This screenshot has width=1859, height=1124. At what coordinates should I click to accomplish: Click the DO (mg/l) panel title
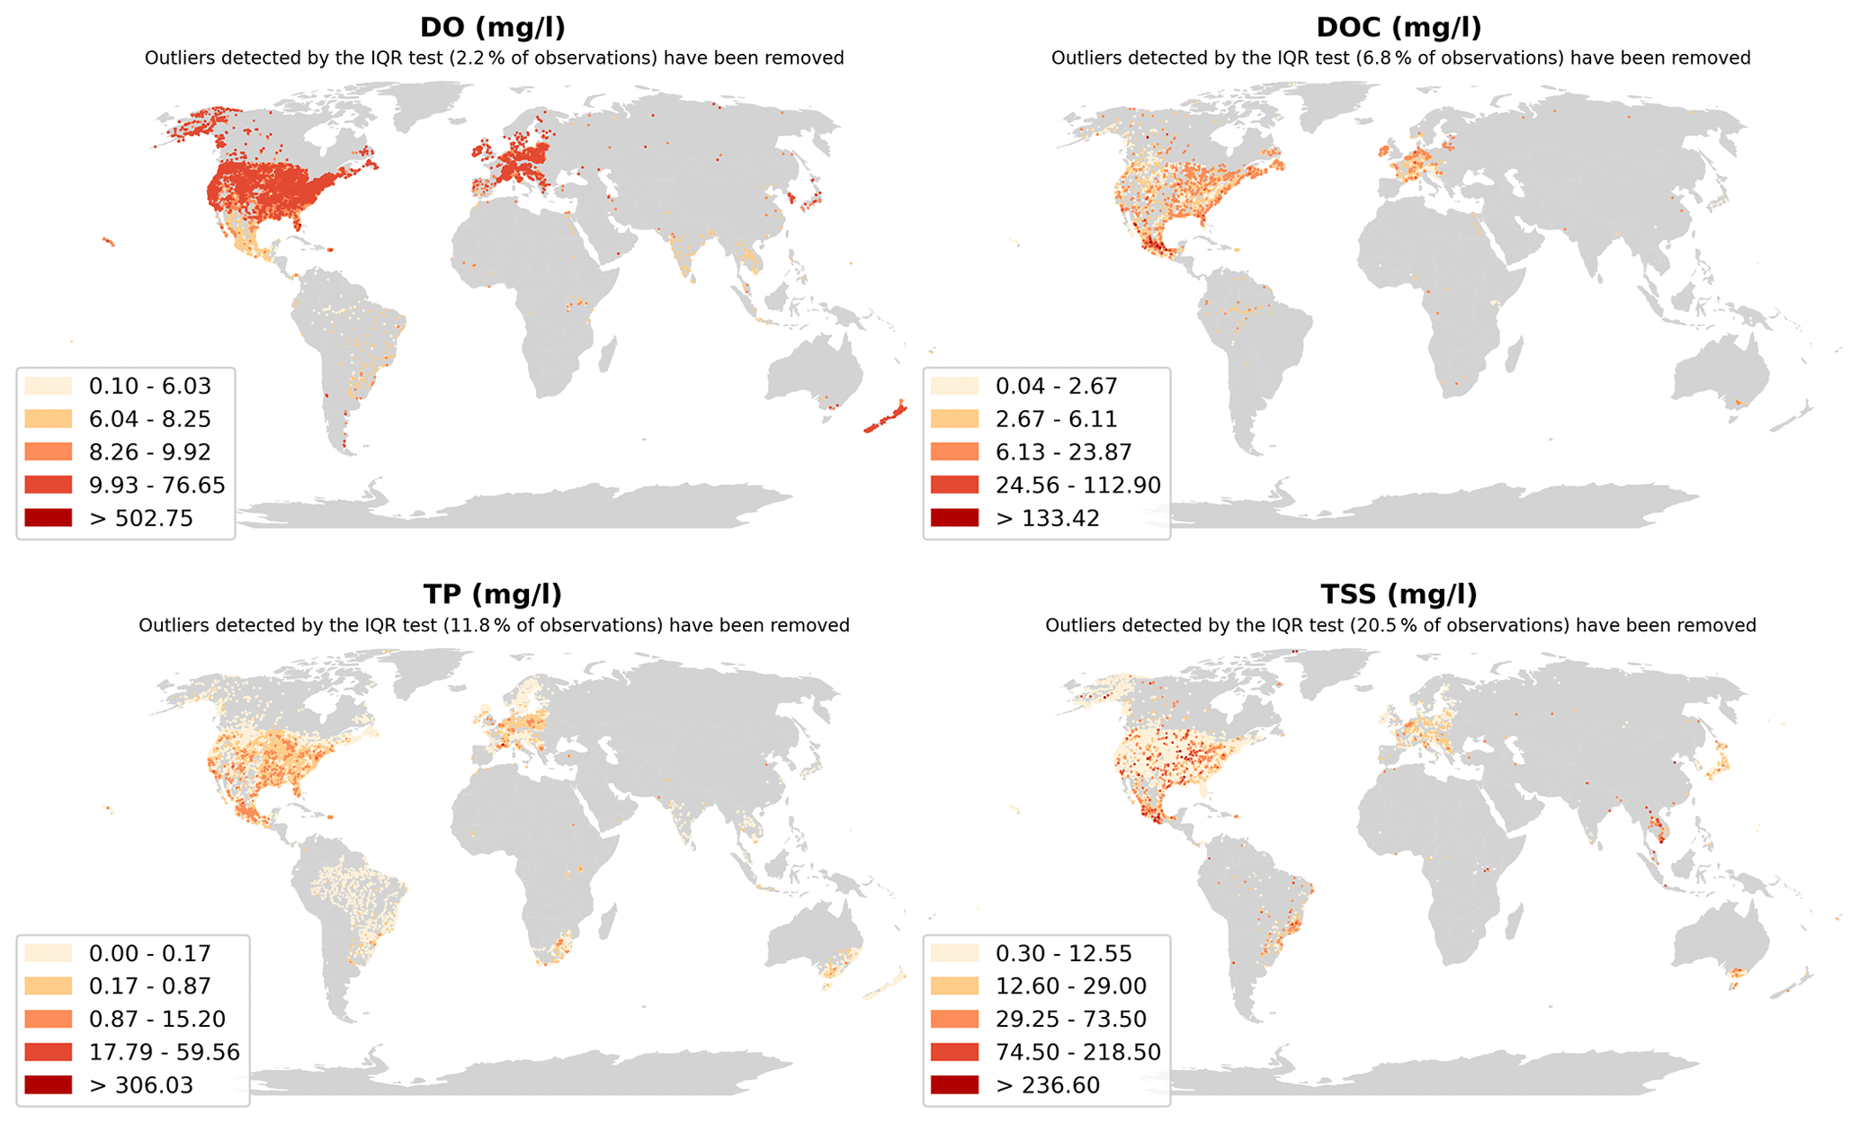click(x=493, y=28)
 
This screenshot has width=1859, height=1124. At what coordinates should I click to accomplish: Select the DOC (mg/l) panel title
click(x=1399, y=28)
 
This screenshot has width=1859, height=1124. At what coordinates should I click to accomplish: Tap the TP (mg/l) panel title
click(x=493, y=594)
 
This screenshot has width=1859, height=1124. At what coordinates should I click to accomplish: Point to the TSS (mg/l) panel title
click(x=1399, y=594)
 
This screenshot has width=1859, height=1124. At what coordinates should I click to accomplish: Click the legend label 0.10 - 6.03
click(x=149, y=387)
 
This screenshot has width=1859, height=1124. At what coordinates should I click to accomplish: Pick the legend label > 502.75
click(x=140, y=519)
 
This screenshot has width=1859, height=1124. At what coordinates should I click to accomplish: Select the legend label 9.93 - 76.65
click(x=156, y=486)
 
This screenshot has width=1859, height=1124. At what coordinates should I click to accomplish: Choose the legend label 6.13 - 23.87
click(x=1063, y=452)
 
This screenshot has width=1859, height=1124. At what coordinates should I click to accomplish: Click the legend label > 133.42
click(x=1047, y=519)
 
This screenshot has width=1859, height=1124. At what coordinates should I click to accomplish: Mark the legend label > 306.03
click(x=140, y=1085)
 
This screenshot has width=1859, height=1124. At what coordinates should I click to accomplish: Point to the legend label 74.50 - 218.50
click(x=1077, y=1052)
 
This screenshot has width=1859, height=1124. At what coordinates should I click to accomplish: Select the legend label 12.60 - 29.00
click(x=1070, y=986)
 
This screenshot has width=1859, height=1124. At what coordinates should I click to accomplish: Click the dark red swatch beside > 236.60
click(x=954, y=1085)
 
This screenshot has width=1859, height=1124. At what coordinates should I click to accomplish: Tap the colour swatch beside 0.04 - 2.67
click(x=954, y=387)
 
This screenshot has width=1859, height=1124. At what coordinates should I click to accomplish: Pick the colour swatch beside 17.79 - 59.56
click(x=48, y=1052)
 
